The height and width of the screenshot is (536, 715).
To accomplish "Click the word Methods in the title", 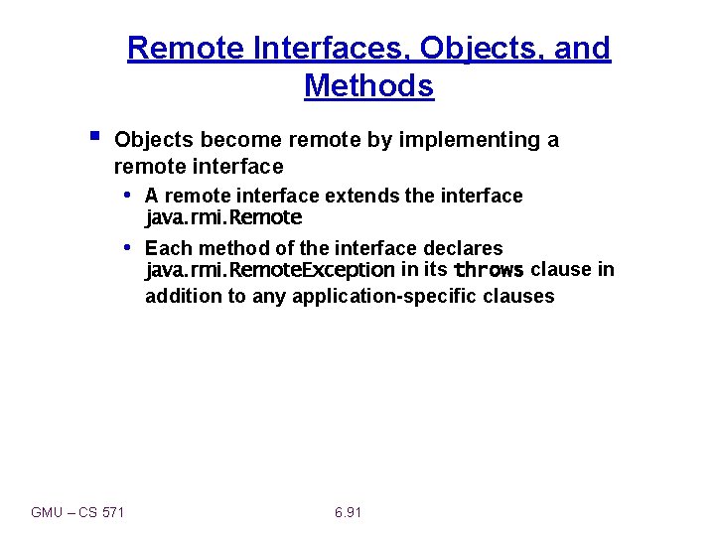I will (368, 86).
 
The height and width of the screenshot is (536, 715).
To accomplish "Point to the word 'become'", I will (232, 140).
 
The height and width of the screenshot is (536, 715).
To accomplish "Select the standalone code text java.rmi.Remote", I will (223, 217).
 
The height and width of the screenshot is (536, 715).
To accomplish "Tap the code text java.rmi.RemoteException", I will (270, 270).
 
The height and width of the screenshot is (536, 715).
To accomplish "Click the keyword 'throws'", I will (489, 270).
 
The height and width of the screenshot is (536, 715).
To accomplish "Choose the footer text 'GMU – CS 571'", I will (78, 512).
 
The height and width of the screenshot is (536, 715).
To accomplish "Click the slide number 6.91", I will (348, 512).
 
